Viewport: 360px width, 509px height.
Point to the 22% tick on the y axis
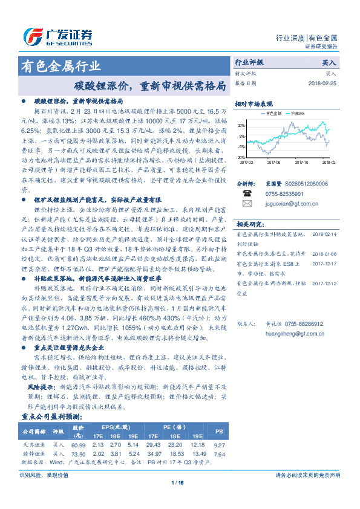coord(241,125)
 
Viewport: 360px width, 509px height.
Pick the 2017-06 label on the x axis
coord(274,162)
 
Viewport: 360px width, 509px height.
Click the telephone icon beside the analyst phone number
coord(246,193)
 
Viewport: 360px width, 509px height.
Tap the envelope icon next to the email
coord(246,204)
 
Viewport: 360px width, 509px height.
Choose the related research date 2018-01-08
coord(324,254)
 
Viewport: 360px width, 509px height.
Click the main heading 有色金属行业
coord(61,66)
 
